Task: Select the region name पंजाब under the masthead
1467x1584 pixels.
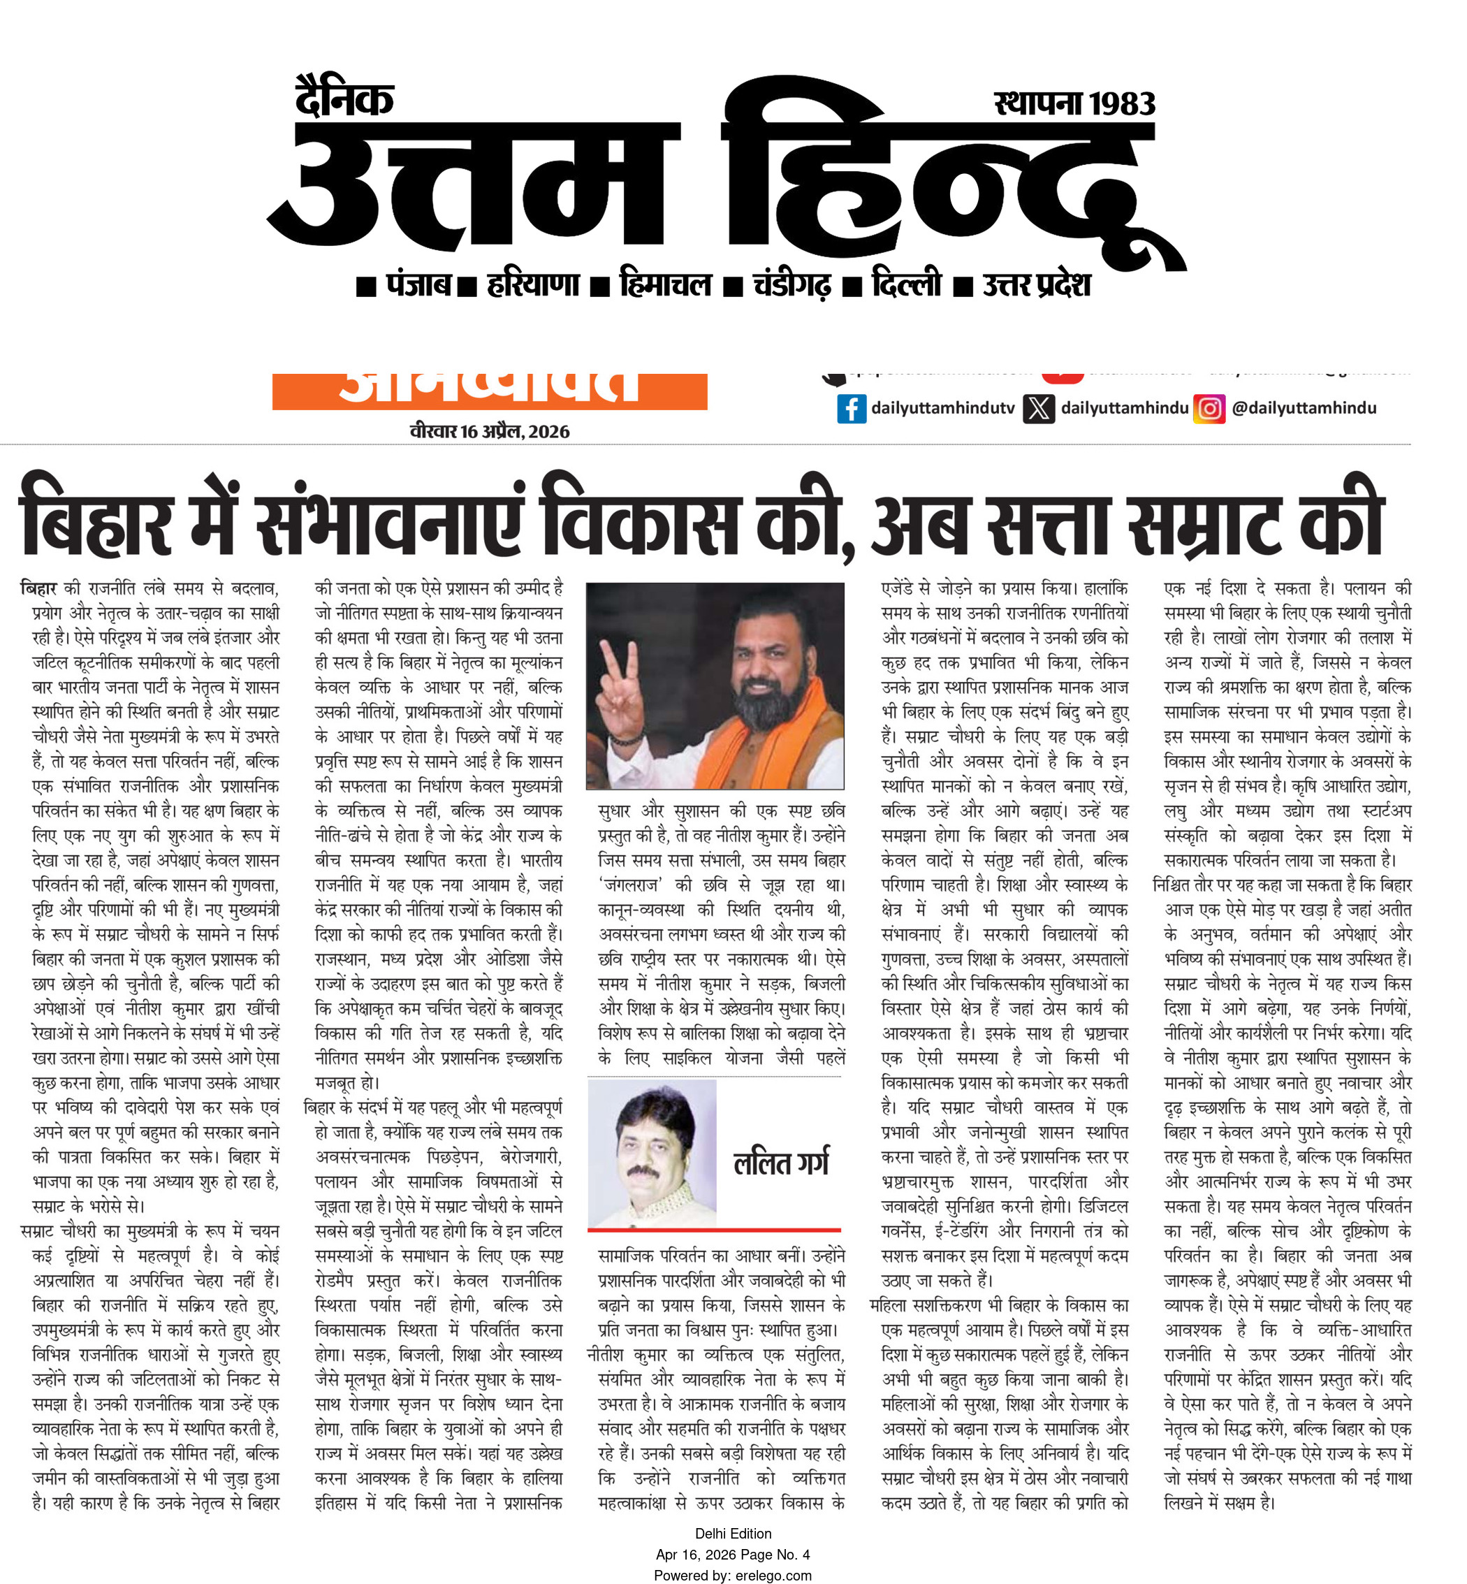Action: pos(418,284)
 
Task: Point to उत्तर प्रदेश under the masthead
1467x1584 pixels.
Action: pos(1036,284)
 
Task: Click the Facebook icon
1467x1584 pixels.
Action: pos(851,408)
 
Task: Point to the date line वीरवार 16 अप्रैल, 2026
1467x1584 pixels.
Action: pos(490,431)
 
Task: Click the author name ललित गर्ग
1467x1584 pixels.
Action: pos(781,1163)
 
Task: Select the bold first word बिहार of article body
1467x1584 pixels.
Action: pos(38,589)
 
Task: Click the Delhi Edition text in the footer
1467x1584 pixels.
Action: pos(733,1533)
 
